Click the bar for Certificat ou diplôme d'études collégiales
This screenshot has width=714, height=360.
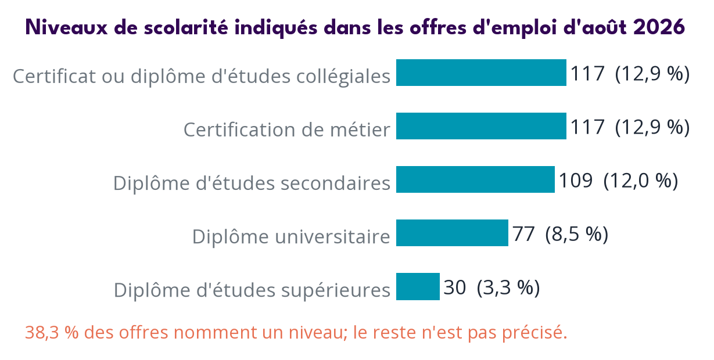point(481,73)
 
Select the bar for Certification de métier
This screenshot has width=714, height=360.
point(481,126)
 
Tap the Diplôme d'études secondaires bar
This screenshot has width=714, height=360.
point(475,179)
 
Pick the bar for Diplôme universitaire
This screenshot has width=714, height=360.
point(452,233)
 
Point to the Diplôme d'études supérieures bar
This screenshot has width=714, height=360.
point(418,286)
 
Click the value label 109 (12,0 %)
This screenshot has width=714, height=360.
point(618,181)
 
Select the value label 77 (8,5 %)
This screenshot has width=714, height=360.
point(561,234)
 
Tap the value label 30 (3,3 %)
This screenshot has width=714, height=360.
point(492,287)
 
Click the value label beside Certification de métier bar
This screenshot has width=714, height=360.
point(630,127)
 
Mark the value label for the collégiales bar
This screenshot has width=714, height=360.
point(630,74)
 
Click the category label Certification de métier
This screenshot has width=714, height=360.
point(287,129)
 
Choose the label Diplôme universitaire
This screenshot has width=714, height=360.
point(291,236)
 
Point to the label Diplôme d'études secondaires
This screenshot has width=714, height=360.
point(252,183)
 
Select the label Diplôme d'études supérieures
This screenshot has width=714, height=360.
point(252,290)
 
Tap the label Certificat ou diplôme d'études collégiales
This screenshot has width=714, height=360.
point(202,77)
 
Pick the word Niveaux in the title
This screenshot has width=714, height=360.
point(67,27)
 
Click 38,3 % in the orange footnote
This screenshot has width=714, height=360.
point(52,332)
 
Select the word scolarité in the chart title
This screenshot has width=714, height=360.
point(186,27)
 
